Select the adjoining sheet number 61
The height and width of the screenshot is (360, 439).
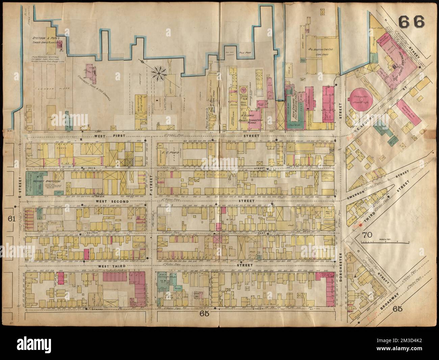12,219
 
